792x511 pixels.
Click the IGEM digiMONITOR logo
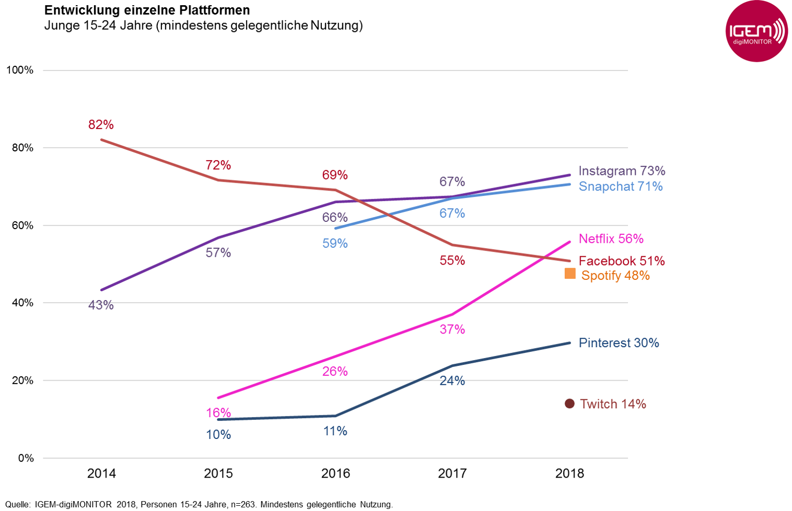pos(756,31)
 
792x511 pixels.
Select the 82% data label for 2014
pos(101,125)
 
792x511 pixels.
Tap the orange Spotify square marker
pos(570,274)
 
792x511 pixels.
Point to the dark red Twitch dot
pos(569,403)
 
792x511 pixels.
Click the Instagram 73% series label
pos(622,171)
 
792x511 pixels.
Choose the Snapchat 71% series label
pos(621,186)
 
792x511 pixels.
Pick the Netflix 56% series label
pos(611,239)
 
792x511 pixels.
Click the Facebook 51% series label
pos(621,260)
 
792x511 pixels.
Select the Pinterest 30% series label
pos(619,343)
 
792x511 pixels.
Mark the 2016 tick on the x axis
pos(335,474)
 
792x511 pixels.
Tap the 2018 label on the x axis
pos(569,474)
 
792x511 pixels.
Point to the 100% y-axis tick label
pos(20,70)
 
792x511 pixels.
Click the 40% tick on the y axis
pos(22,303)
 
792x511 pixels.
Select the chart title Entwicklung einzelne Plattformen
pos(147,10)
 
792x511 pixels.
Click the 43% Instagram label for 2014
pos(101,305)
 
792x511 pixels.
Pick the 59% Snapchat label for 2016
pos(335,243)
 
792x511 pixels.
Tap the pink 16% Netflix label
pos(218,413)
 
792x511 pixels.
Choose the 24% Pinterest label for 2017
pos(452,381)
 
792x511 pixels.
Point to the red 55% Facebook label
pos(452,260)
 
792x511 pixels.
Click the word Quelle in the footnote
pos(18,504)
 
